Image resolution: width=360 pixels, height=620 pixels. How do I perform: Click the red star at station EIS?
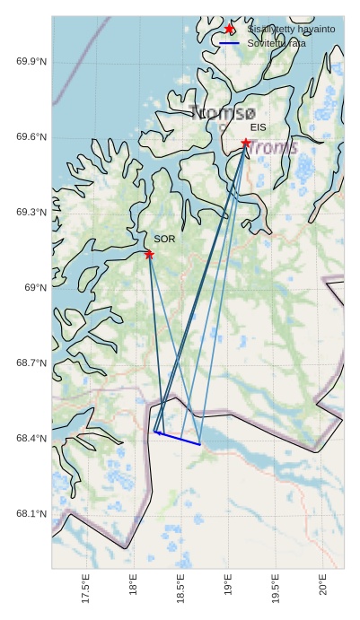[245, 143]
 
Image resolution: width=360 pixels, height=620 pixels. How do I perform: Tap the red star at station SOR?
[149, 255]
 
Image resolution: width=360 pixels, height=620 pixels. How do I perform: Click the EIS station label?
[259, 128]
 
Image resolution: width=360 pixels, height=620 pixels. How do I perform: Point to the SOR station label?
[164, 240]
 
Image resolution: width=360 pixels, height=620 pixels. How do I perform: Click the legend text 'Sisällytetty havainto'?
[291, 30]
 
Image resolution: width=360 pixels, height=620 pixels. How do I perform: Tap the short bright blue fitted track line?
[178, 439]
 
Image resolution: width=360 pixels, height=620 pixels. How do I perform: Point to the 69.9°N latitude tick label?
[31, 61]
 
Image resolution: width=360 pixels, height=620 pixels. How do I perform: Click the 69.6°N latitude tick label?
[31, 136]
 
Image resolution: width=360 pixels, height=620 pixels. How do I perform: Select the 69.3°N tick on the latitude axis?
[31, 212]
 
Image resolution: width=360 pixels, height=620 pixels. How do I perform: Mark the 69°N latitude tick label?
[35, 287]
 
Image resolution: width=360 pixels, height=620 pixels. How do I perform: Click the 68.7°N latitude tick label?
[31, 362]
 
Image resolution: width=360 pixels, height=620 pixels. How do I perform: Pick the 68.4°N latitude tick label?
[31, 438]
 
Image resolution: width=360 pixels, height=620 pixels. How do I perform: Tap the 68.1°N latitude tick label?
[31, 514]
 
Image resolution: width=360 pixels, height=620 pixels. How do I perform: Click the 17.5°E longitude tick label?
[85, 591]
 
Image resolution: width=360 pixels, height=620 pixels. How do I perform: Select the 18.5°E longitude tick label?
[180, 591]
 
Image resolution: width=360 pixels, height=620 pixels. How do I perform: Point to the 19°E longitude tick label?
[228, 589]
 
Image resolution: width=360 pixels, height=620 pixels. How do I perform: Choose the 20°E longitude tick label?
[323, 589]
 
